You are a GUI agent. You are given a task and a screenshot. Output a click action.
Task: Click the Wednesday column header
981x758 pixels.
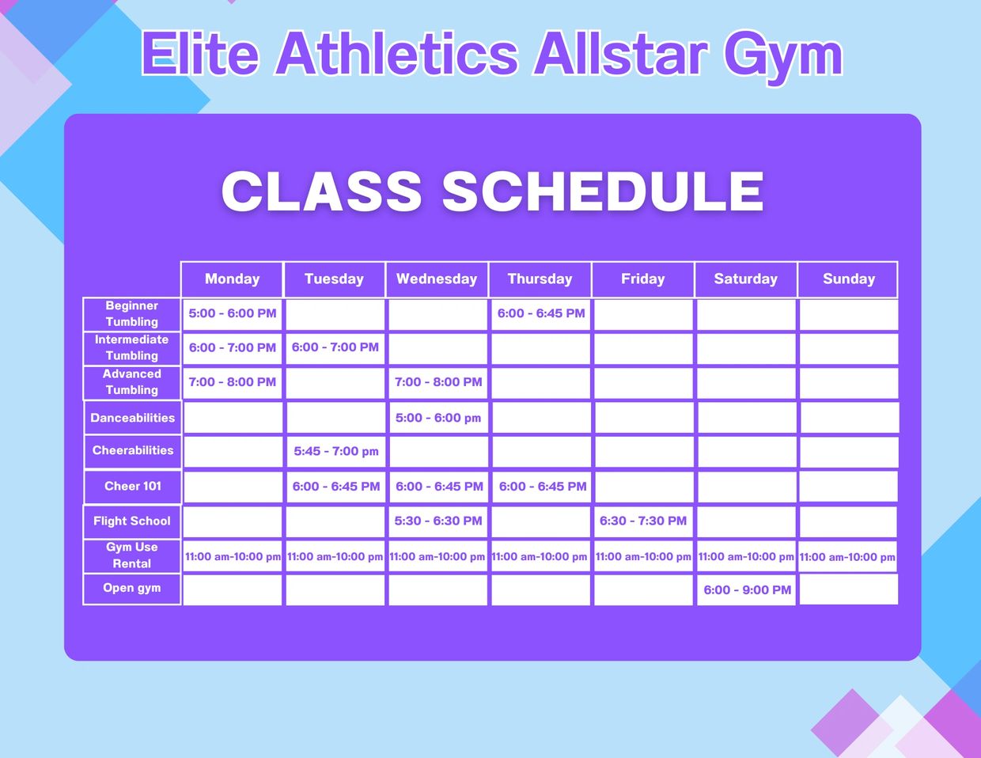point(437,279)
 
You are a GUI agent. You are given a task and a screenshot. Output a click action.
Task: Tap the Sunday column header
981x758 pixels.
point(848,279)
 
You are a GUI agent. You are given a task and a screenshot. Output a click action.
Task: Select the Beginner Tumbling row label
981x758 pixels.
point(132,314)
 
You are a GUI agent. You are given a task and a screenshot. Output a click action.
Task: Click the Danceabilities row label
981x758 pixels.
point(133,418)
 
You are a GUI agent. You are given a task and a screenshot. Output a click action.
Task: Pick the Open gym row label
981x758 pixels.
point(132,588)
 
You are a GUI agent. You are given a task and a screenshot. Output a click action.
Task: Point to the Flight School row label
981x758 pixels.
point(132,521)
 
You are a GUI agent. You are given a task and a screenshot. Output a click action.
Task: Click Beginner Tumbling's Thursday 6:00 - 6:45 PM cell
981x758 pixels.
point(541,314)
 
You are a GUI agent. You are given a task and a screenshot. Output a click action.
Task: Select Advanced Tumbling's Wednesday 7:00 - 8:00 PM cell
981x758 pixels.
point(438,383)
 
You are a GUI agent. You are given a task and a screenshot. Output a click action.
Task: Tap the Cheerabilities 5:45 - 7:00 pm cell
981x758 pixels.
point(336,452)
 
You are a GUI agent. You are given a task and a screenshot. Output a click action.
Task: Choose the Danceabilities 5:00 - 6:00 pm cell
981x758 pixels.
point(438,418)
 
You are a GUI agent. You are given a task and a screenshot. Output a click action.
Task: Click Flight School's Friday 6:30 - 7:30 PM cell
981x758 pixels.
point(643,521)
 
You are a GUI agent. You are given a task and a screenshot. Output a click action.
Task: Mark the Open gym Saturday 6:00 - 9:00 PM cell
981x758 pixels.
point(746,590)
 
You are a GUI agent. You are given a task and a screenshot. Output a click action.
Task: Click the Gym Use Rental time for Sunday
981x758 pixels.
point(847,557)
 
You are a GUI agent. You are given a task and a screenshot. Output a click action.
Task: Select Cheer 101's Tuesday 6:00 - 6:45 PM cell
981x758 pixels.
point(336,487)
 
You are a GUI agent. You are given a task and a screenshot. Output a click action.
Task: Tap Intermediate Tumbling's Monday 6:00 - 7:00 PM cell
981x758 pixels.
point(232,348)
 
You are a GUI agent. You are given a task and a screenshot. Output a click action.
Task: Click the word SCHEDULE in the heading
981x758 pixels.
point(603,191)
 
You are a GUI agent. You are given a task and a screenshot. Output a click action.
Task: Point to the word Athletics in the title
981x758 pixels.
point(397,54)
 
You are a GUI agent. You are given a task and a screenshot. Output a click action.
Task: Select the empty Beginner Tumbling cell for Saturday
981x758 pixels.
point(746,315)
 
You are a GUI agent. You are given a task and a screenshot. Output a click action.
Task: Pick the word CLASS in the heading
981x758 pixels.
point(321,191)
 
